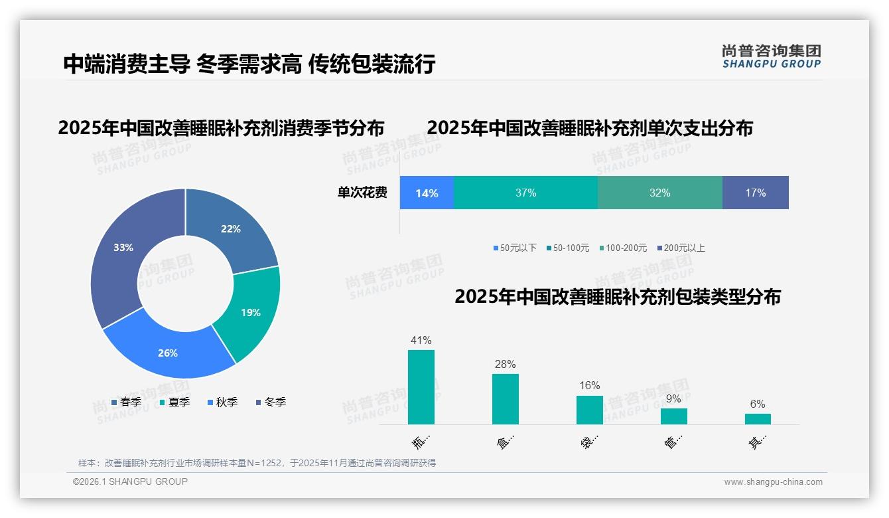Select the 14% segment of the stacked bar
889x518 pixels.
(x=427, y=193)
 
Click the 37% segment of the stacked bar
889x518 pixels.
(x=525, y=193)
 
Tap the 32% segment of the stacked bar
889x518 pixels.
(x=659, y=193)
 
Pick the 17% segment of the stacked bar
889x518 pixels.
(x=755, y=193)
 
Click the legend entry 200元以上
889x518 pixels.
(x=683, y=248)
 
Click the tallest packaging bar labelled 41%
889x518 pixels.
(x=421, y=387)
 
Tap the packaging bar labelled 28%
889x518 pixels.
(x=506, y=399)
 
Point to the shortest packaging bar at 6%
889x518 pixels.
(x=758, y=419)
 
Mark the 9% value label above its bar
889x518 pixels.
(x=673, y=399)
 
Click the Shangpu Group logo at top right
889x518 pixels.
(x=771, y=56)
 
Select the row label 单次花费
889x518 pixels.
(x=362, y=193)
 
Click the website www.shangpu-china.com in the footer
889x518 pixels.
(x=773, y=482)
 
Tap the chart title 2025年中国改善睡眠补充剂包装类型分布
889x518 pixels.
(x=617, y=297)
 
